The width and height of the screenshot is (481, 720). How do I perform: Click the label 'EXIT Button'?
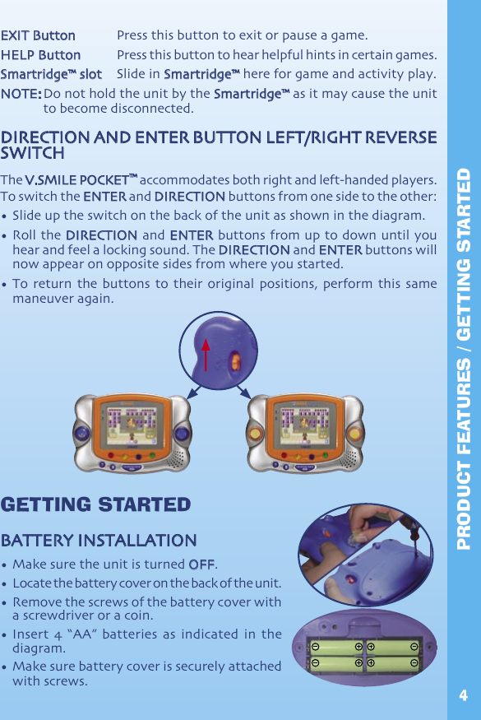38,36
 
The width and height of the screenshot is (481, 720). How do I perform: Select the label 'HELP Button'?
41,55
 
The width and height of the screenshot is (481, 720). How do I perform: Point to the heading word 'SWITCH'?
33,154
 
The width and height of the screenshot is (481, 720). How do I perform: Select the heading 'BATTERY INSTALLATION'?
99,541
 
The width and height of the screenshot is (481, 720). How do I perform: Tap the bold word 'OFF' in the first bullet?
201,564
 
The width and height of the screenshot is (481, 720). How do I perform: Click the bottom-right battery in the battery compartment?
393,662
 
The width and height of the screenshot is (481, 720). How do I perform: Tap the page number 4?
463,696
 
